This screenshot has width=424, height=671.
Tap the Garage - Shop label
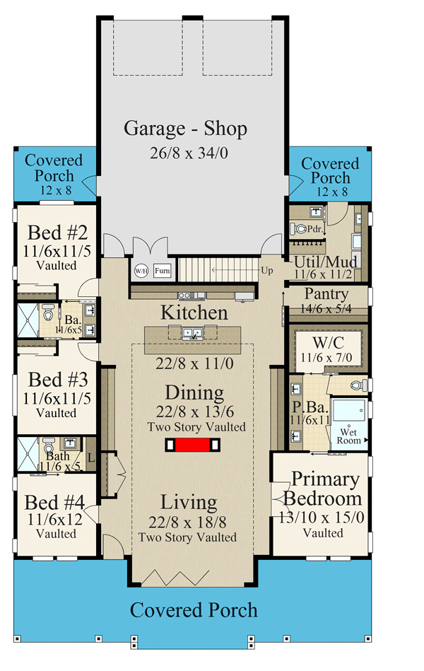pos(186,129)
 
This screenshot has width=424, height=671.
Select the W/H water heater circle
pos(141,271)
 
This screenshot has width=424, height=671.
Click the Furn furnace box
pos(162,271)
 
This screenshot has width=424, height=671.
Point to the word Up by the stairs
pos(267,271)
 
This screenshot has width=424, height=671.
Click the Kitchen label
pos(194,313)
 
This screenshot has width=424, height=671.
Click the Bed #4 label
pos(55,503)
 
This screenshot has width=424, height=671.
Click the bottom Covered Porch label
pos(194,610)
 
